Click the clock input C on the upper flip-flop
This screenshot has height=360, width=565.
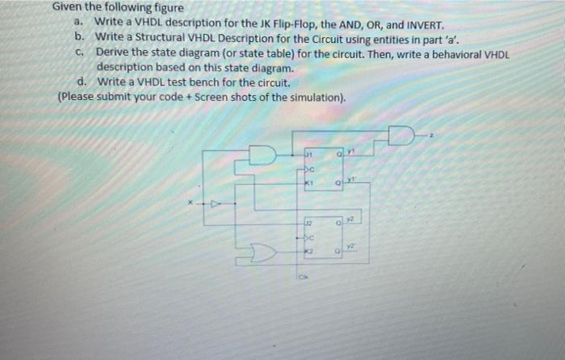click(x=309, y=170)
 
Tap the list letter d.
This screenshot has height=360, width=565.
click(x=82, y=82)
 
